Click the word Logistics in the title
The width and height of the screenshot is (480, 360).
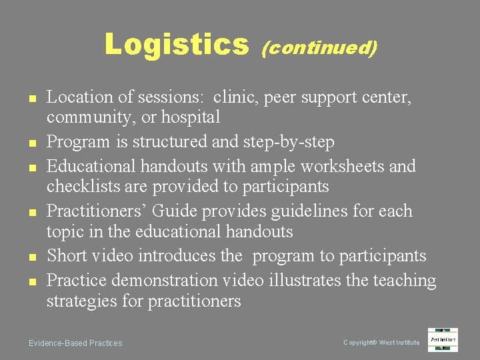click(176, 45)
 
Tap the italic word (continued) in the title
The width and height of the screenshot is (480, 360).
click(320, 47)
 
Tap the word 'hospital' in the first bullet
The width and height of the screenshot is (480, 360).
click(193, 118)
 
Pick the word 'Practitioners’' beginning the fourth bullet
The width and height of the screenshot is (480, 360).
click(97, 211)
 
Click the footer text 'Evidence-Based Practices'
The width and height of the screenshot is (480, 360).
click(75, 343)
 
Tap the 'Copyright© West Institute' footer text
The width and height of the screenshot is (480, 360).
click(381, 343)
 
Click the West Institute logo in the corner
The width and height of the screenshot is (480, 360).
click(443, 340)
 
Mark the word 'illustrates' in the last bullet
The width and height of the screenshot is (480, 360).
click(306, 281)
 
